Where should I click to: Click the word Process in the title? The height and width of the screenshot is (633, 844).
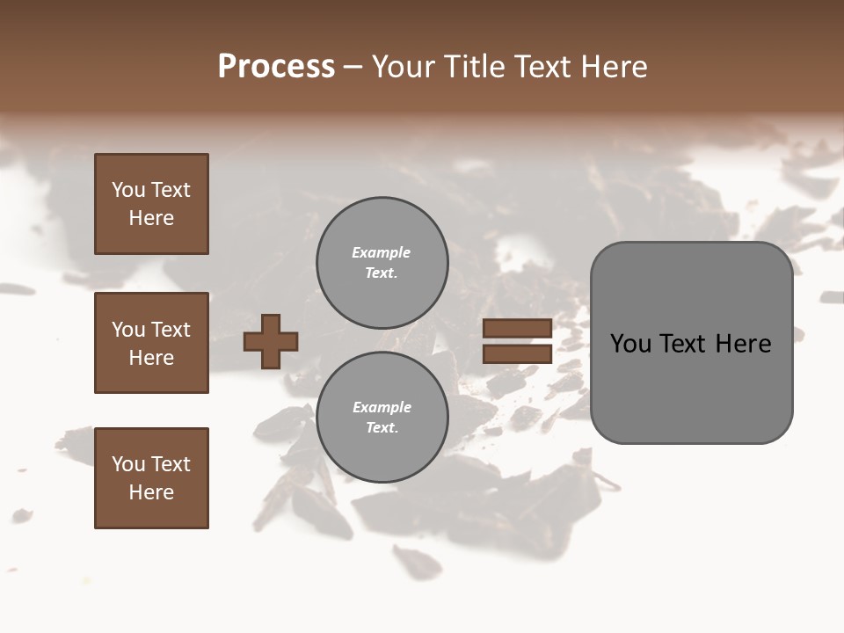[x=276, y=67]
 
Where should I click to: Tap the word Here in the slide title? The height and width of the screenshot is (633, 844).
[x=612, y=67]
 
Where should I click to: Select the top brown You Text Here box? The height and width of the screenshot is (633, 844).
[x=151, y=204]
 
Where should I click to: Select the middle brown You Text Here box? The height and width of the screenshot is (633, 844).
[x=151, y=343]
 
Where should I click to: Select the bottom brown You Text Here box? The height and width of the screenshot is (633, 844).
[x=151, y=477]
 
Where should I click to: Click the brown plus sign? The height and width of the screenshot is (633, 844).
[x=271, y=341]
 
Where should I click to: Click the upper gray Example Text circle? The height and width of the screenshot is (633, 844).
[x=382, y=263]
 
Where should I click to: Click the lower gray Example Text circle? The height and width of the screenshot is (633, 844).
[x=382, y=418]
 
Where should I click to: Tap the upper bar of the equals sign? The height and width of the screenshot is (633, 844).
[x=517, y=329]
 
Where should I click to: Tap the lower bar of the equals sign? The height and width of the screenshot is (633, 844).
[x=517, y=353]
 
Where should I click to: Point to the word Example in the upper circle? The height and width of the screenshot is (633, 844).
[x=381, y=252]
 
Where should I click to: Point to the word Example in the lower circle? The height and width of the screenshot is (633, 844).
[x=381, y=407]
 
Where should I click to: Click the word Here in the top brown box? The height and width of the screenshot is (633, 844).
[x=151, y=218]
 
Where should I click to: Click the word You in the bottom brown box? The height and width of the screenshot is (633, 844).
[x=128, y=464]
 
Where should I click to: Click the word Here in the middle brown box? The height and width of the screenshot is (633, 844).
[x=151, y=358]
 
